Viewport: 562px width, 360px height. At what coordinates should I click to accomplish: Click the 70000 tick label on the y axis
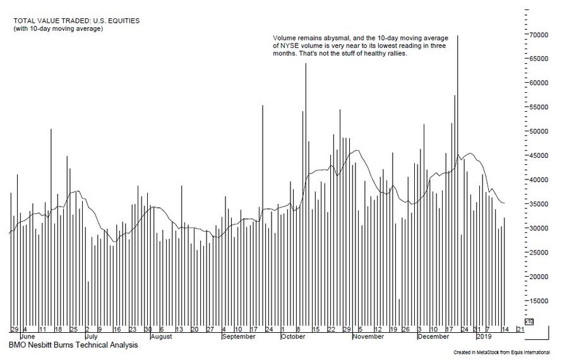coord(538,35)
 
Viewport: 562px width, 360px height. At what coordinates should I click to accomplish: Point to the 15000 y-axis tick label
coord(538,301)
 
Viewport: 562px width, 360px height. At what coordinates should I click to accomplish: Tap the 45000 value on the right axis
coord(538,155)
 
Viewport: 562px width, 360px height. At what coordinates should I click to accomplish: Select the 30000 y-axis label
coord(538,228)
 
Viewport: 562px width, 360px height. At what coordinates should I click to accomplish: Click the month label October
coord(292,337)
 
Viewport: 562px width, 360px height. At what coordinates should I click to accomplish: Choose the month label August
coord(161,337)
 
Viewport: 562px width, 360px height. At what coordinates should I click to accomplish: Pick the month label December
coord(433,337)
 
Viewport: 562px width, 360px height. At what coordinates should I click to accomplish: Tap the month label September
coord(239,337)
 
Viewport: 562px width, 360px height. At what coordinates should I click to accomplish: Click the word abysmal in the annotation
coord(325,38)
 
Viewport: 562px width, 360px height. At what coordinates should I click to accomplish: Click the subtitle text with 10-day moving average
coord(58,29)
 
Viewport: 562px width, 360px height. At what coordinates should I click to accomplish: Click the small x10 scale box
coord(529,321)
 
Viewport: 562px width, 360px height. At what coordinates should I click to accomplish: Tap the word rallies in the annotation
coord(393,54)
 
